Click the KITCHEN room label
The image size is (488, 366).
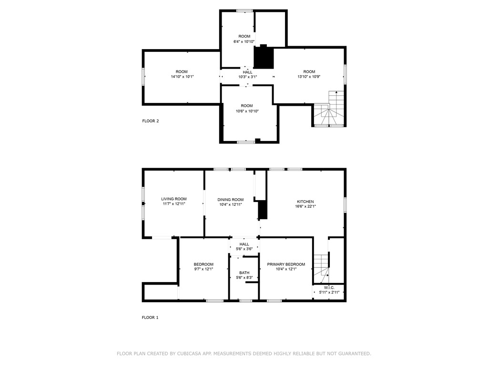[305, 202]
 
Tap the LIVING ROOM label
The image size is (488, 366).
[173, 199]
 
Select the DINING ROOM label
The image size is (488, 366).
[231, 200]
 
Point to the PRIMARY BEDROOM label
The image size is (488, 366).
[286, 264]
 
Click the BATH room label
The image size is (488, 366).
[244, 273]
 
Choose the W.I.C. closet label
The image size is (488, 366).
[329, 287]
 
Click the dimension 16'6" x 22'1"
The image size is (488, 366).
[305, 207]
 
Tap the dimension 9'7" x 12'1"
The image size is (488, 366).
[203, 269]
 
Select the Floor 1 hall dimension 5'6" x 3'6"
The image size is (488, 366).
[244, 249]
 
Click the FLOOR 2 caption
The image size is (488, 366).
[151, 121]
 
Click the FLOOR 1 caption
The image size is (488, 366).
[150, 317]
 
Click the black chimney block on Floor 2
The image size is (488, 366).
[264, 58]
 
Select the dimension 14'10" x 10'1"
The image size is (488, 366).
[181, 77]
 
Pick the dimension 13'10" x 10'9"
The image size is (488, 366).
[309, 77]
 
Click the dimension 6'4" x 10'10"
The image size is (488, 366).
[244, 41]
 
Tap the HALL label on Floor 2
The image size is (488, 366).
[247, 72]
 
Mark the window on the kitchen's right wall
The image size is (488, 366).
[345, 203]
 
